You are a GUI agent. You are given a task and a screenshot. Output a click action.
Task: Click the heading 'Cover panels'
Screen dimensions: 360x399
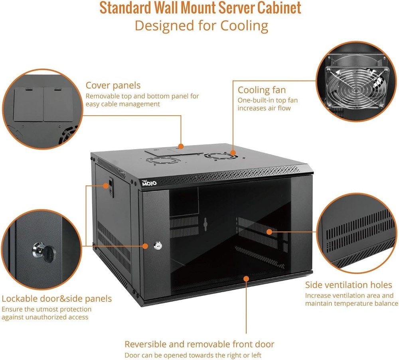click(113, 85)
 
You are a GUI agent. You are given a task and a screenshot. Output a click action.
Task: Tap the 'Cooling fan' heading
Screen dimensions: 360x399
click(262, 90)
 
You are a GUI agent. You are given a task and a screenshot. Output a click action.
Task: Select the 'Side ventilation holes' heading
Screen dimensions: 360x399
click(349, 285)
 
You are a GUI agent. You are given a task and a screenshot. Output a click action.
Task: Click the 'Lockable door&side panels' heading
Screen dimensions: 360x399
click(57, 299)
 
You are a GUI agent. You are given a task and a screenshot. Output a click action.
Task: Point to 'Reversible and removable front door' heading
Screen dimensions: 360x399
click(199, 344)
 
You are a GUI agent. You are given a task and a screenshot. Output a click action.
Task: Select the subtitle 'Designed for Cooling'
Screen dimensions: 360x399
click(201, 26)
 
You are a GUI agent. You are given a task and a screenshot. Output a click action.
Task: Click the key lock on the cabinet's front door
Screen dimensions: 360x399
click(157, 246)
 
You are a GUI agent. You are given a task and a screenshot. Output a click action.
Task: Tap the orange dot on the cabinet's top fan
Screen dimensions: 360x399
click(233, 152)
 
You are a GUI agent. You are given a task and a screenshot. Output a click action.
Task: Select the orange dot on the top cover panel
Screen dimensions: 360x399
click(181, 146)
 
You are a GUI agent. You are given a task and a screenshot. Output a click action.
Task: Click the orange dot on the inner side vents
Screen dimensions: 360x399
click(269, 231)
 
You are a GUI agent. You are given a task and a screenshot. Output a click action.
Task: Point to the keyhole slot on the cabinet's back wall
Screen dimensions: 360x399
click(205, 224)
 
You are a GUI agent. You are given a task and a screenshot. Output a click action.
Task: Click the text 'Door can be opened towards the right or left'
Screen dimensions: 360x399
click(193, 355)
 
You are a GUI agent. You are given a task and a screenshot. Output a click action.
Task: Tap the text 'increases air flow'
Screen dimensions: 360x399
click(264, 108)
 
